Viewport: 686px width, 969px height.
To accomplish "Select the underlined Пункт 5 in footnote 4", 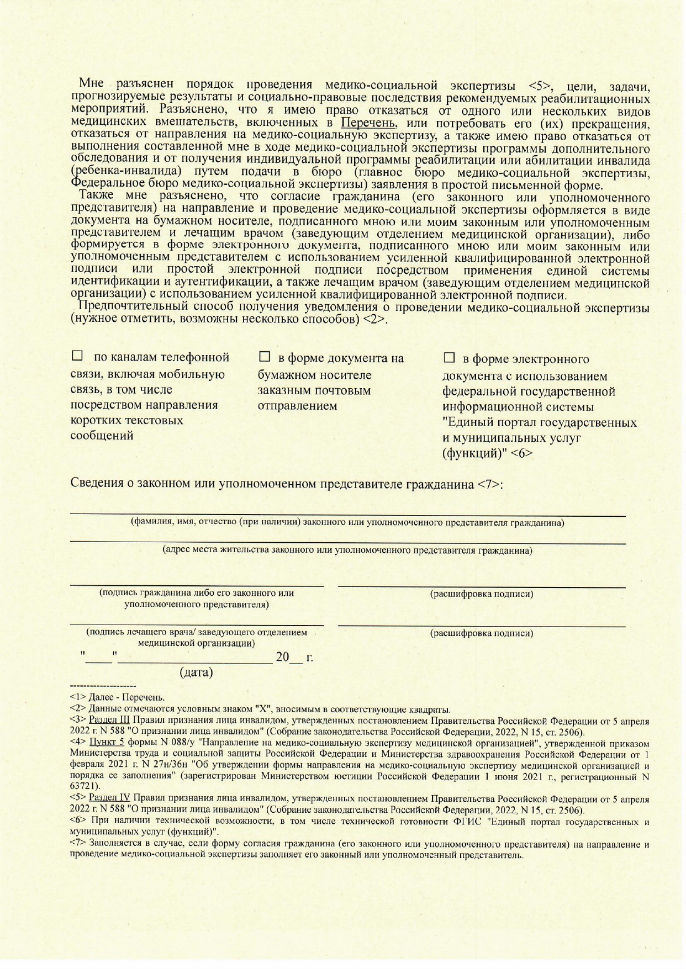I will tap(105, 743).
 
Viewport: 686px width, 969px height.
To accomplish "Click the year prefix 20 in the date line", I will tap(282, 657).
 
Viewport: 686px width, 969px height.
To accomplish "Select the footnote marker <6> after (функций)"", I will tap(521, 453).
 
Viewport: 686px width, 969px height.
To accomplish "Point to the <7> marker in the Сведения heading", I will tap(489, 484).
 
